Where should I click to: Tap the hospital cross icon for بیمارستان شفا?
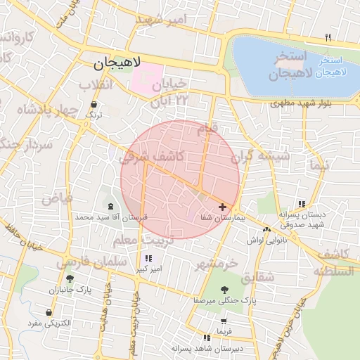click(223, 207)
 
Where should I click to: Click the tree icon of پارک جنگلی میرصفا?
click(224, 289)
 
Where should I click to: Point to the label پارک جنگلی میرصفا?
click(226, 300)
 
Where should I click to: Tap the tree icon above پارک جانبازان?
click(69, 278)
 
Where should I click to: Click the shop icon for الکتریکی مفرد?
click(49, 312)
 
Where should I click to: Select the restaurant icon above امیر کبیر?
click(148, 258)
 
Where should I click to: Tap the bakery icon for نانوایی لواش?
click(266, 229)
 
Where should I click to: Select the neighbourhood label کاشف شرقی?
click(151, 157)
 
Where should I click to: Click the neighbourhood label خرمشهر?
click(217, 264)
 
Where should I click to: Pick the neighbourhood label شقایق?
click(257, 277)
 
